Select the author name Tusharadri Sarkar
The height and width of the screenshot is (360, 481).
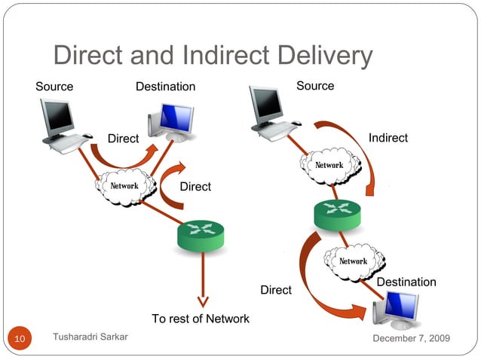[90, 337]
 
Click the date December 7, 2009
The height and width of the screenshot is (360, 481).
[412, 338]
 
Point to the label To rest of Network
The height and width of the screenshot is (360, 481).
[201, 319]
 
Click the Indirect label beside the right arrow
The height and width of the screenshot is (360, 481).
[388, 138]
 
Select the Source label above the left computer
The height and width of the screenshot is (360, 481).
[54, 87]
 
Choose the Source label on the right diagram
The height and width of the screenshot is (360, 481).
[315, 86]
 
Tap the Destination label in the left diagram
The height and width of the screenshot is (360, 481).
[165, 87]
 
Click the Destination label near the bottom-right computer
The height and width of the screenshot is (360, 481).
[406, 282]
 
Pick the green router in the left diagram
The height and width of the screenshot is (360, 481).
[201, 237]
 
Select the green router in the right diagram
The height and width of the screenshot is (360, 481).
[338, 214]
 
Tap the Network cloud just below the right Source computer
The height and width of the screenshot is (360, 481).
[329, 165]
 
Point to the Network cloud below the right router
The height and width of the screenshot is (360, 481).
[352, 261]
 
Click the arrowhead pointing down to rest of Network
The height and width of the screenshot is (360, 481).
[201, 299]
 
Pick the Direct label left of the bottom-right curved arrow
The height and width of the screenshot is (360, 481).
[276, 290]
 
